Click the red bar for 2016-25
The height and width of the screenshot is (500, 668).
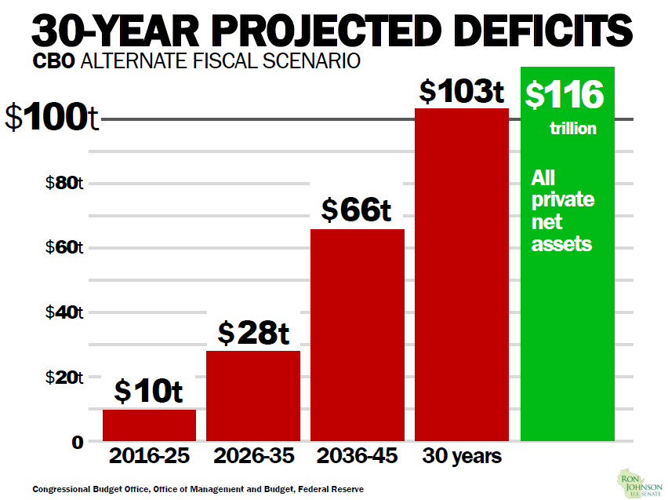pos(149,425)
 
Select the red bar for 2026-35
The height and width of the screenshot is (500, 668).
pos(253,396)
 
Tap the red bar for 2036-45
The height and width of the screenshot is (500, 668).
pos(358,334)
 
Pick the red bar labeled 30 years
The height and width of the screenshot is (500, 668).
pos(462,275)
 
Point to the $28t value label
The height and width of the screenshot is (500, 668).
pos(253,334)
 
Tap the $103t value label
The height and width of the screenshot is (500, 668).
pos(461,92)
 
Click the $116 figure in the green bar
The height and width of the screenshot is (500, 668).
pos(565,95)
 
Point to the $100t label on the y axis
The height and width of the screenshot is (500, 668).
pos(52,119)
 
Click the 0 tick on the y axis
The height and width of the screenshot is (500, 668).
pos(78,442)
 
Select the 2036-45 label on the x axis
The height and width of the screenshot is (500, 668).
pos(357,456)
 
